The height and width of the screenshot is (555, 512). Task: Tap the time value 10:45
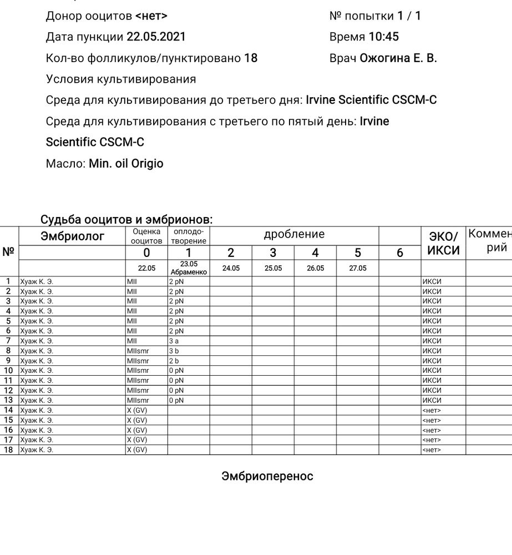tap(383, 37)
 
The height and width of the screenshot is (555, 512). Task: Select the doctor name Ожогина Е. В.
tap(398, 58)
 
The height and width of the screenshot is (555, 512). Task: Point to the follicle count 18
tap(251, 58)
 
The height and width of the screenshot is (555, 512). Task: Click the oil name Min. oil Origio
tap(126, 164)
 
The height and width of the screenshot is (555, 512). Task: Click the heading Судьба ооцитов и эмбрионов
tap(126, 220)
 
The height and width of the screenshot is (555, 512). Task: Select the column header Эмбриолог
tap(72, 236)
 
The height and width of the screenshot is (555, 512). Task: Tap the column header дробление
tap(294, 234)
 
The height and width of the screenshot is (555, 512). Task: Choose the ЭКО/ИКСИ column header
tap(443, 243)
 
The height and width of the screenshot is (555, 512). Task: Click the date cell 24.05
tap(231, 268)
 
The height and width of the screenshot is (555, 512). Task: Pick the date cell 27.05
tap(357, 268)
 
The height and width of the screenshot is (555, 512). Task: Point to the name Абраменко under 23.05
tap(189, 272)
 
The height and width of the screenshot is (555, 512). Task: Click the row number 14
tap(8, 410)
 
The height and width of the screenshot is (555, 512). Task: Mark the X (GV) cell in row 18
tap(137, 450)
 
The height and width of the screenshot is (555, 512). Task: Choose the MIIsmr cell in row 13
tap(138, 400)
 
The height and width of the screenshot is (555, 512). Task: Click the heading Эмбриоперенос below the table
tap(267, 476)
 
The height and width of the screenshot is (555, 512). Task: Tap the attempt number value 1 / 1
tap(409, 16)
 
